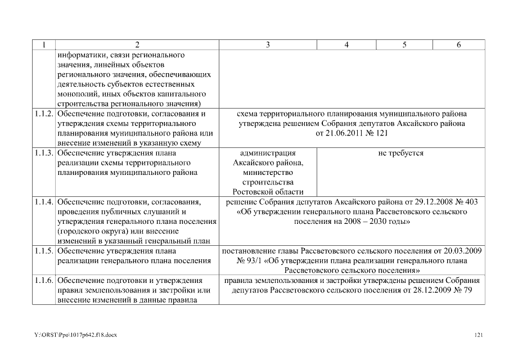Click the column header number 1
pyautogui.click(x=43, y=44)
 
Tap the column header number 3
pyautogui.click(x=267, y=44)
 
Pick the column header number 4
pyautogui.click(x=346, y=44)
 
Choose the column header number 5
pyautogui.click(x=404, y=44)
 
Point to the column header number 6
pyautogui.click(x=458, y=44)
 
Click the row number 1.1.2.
pyautogui.click(x=44, y=114)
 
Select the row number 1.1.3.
pyautogui.click(x=44, y=153)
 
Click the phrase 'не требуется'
pyautogui.click(x=401, y=153)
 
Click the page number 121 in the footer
pyautogui.click(x=479, y=335)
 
